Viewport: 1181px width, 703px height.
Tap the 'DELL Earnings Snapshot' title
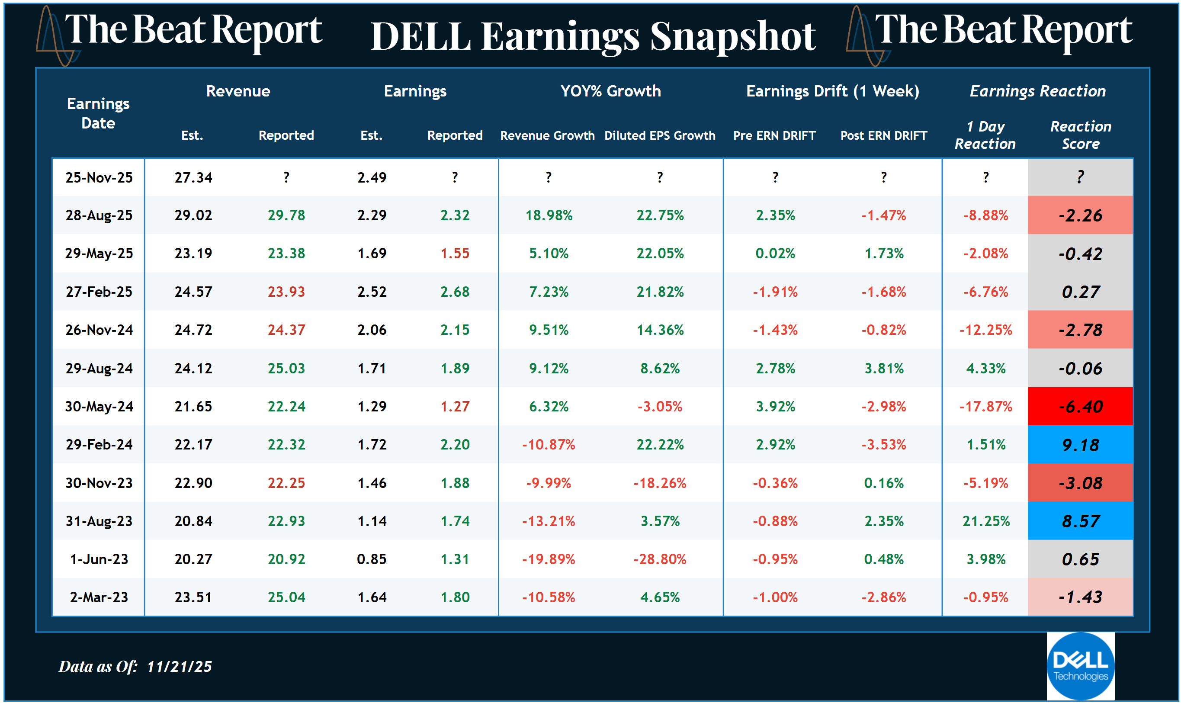593,36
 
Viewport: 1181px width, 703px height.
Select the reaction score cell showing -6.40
1080,407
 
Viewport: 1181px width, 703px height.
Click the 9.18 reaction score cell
1080,445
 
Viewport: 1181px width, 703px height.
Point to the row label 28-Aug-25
99,215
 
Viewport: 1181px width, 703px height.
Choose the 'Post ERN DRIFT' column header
883,135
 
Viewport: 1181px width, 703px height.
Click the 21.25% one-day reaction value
985,521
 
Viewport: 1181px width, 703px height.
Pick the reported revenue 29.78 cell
286,215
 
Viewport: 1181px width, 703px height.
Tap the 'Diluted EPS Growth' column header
659,135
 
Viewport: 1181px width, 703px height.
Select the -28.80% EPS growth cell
659,559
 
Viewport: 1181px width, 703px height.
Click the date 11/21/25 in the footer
179,667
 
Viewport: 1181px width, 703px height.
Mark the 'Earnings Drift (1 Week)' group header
832,91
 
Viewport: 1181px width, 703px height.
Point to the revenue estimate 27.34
193,178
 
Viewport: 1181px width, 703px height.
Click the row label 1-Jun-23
99,559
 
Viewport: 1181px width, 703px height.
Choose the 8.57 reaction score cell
1080,521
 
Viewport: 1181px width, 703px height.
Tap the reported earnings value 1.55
455,254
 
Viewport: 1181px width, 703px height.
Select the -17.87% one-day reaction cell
985,407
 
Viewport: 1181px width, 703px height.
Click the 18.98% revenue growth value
549,215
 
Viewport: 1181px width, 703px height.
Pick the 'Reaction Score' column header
1080,135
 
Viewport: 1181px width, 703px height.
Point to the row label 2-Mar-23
99,597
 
